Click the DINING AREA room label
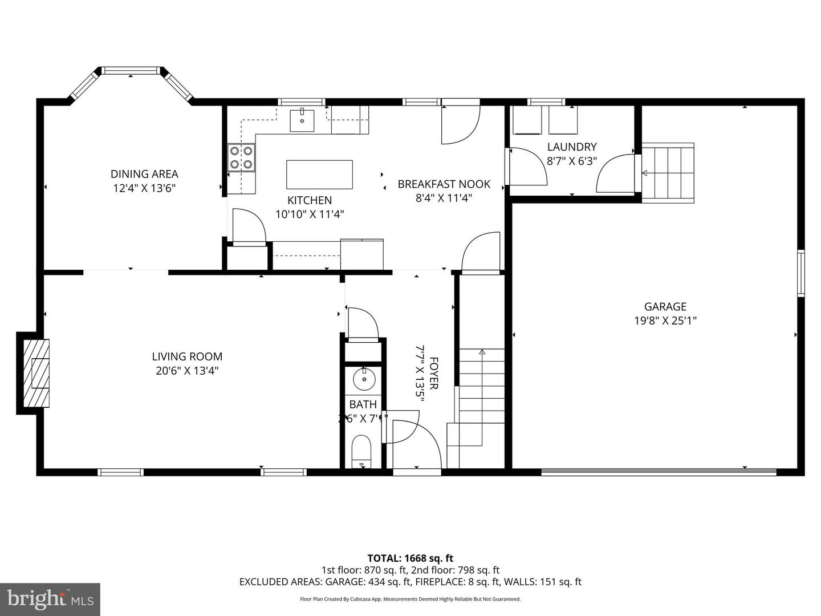[x=144, y=174]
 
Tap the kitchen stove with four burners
[x=242, y=158]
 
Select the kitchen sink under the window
[x=302, y=120]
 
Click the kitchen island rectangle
[x=319, y=175]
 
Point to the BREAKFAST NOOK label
[x=444, y=184]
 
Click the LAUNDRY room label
[x=571, y=147]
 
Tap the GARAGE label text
[x=665, y=306]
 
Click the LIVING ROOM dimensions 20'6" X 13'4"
[x=187, y=371]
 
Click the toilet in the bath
[x=361, y=451]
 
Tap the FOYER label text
[x=434, y=373]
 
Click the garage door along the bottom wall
[x=658, y=472]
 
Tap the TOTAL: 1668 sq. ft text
[x=410, y=558]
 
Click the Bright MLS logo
[x=50, y=599]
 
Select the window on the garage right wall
[x=800, y=273]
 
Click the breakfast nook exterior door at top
[x=460, y=123]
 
